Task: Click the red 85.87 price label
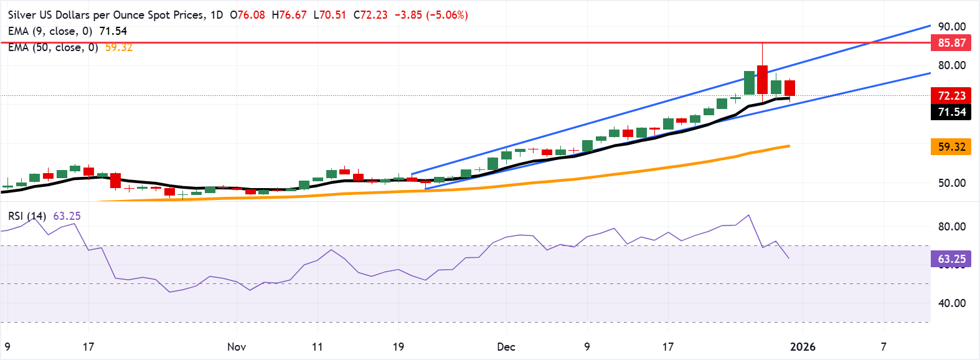point(951,43)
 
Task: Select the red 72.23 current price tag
point(951,95)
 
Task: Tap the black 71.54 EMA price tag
point(951,112)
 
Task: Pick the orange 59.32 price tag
point(951,147)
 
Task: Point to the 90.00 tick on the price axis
point(951,27)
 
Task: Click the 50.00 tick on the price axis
point(951,183)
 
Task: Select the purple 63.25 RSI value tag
point(951,259)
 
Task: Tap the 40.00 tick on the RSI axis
point(951,303)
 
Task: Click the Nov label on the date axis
point(237,347)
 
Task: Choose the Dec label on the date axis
point(506,347)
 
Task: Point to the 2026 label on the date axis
point(803,347)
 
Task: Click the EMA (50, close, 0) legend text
point(53,47)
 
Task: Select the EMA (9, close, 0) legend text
point(50,31)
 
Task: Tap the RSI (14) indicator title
point(27,216)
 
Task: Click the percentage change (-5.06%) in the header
point(447,15)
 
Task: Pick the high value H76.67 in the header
point(290,15)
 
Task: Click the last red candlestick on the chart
point(789,88)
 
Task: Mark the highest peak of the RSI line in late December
point(748,216)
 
